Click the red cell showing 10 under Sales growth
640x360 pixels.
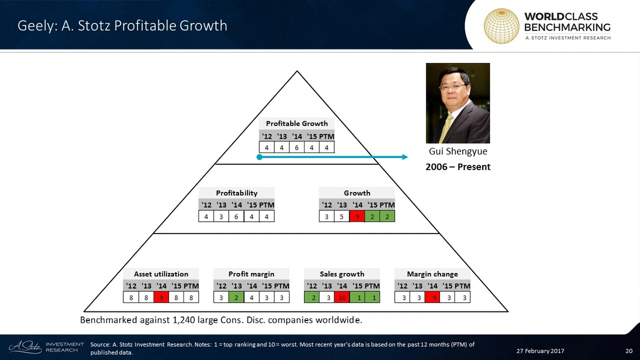coord(342,298)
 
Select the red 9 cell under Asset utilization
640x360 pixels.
coord(161,298)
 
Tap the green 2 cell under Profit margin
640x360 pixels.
coord(236,298)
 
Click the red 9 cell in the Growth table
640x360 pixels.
coord(357,217)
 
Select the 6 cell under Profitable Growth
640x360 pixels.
coord(297,147)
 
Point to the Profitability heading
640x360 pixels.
coord(236,193)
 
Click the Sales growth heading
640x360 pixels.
coord(342,274)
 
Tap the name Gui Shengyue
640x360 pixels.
coord(458,151)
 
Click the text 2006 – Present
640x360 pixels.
coord(458,167)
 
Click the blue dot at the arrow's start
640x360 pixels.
coord(259,157)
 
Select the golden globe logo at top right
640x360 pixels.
coord(501,25)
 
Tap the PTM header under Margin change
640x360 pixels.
coord(462,285)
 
